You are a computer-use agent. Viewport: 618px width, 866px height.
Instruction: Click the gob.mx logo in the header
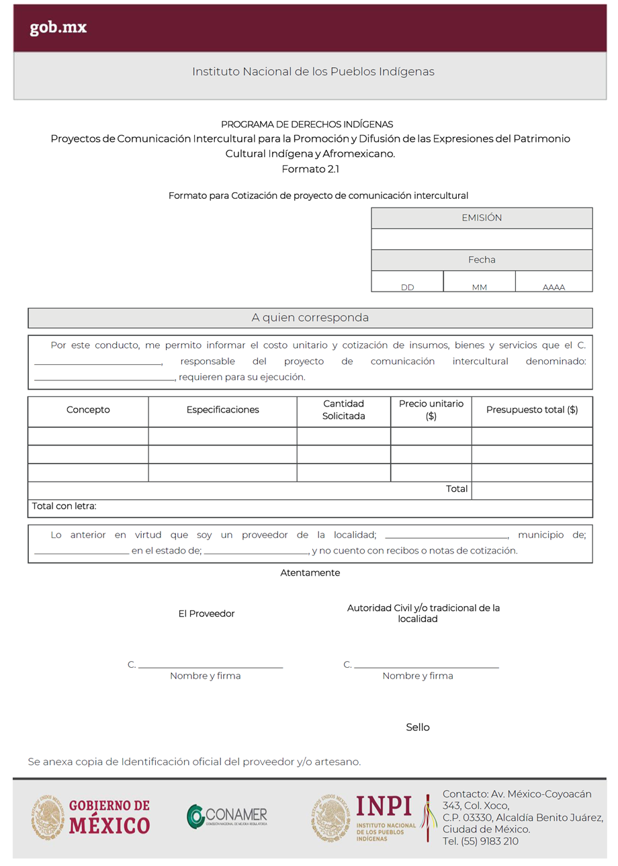point(58,28)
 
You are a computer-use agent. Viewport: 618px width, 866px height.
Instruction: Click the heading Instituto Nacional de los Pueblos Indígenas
point(313,71)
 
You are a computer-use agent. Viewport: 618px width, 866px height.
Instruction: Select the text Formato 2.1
point(310,169)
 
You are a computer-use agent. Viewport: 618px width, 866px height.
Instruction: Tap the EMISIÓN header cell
point(482,218)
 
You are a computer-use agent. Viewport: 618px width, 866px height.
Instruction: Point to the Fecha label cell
point(482,259)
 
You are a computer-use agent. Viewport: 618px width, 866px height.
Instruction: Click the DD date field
point(407,282)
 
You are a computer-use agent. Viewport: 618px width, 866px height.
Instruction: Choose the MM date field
point(479,282)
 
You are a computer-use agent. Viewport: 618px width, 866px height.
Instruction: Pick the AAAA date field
point(554,282)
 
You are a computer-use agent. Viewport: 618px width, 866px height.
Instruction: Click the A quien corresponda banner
point(310,317)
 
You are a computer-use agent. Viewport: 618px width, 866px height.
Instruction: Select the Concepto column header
point(88,410)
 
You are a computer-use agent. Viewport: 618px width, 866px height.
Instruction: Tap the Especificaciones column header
point(222,410)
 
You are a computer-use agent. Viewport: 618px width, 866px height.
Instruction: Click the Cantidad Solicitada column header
point(343,410)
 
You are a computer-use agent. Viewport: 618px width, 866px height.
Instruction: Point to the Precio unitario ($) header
point(431,410)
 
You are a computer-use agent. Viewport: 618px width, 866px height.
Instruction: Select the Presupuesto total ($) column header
point(531,410)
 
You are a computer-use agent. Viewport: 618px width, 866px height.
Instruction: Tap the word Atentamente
point(310,573)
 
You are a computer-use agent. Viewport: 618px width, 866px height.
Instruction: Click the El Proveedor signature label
point(206,613)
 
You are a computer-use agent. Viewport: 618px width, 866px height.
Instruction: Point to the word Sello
point(417,728)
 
